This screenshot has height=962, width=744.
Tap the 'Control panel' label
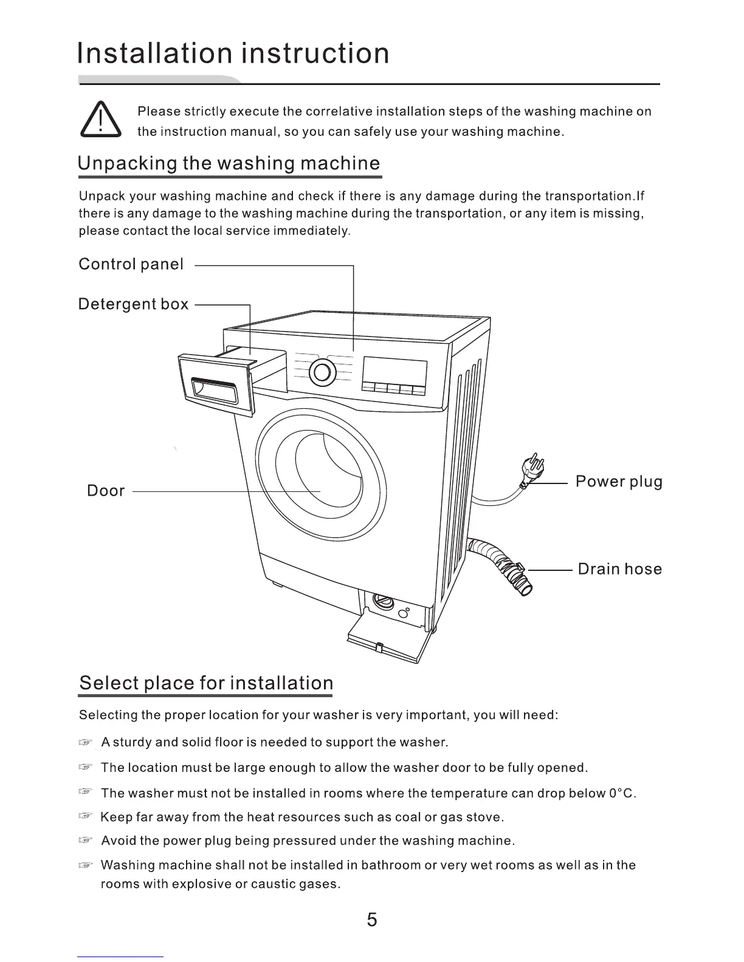click(131, 264)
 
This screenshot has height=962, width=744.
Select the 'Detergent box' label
click(133, 304)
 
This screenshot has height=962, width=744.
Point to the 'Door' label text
click(106, 491)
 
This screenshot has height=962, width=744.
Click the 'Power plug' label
click(619, 482)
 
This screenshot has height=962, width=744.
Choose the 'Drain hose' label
click(619, 569)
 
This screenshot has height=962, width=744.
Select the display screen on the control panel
click(394, 372)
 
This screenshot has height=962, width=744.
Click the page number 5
click(372, 919)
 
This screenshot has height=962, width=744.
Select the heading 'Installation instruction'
click(233, 53)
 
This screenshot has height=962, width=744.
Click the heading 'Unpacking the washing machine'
click(229, 163)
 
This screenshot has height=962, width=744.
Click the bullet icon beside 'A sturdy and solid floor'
click(88, 742)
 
